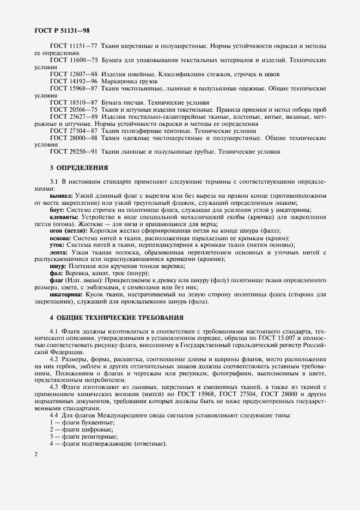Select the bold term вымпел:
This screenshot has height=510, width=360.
tap(61, 195)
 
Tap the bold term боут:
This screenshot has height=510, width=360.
tap(58, 209)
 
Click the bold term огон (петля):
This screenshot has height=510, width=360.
tap(69, 230)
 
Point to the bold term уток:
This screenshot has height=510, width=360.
tap(58, 245)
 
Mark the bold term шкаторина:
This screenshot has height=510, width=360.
tap(67, 294)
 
